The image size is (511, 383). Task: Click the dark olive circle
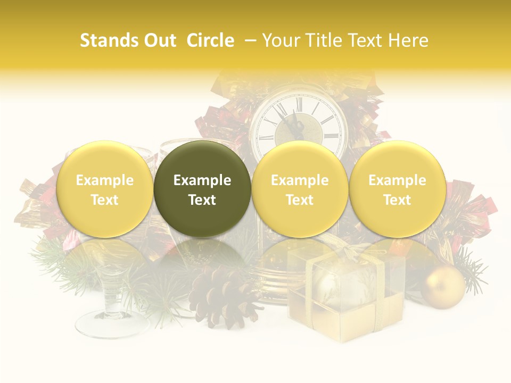click(202, 189)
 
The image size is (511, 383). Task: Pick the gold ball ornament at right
click(443, 287)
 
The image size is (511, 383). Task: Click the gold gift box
click(345, 298)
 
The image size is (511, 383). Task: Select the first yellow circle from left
click(104, 189)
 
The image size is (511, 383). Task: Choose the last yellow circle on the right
click(397, 189)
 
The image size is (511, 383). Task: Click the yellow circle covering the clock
click(300, 189)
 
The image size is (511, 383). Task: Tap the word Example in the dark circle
click(202, 180)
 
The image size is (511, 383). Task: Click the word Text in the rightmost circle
click(397, 200)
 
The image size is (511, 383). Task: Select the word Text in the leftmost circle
click(104, 200)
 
